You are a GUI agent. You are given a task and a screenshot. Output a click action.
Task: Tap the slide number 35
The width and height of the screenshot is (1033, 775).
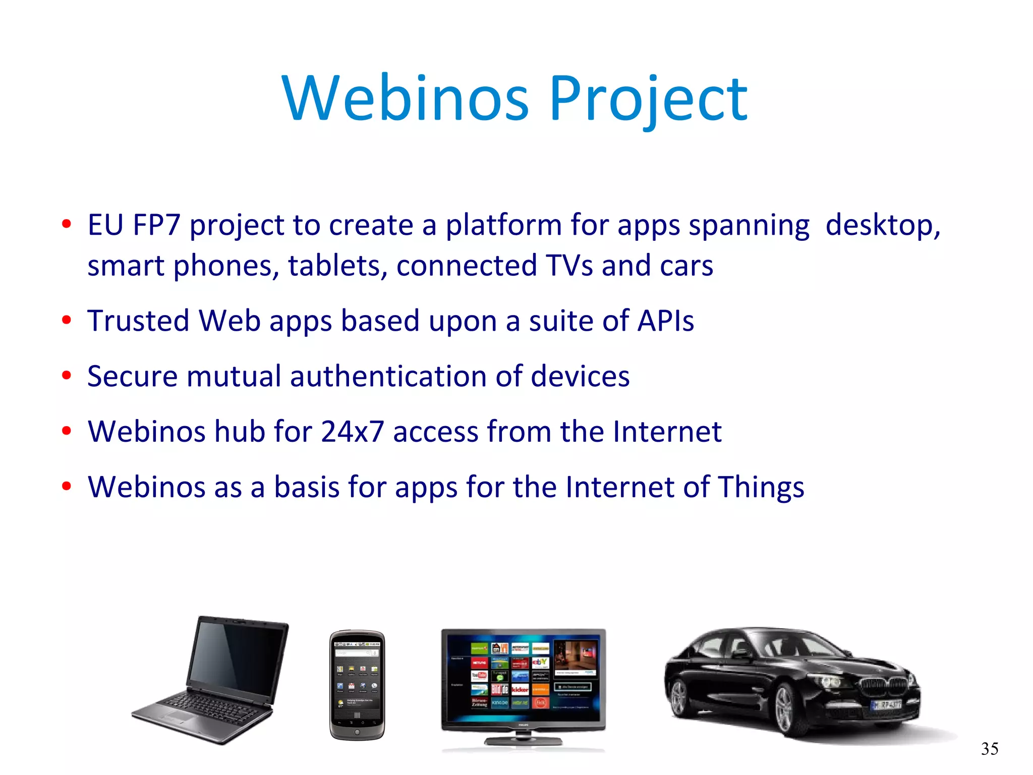pyautogui.click(x=990, y=748)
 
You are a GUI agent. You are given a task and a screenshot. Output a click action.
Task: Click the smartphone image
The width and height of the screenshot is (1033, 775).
pyautogui.click(x=357, y=685)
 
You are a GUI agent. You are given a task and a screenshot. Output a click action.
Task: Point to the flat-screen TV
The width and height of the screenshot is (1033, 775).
pyautogui.click(x=524, y=679)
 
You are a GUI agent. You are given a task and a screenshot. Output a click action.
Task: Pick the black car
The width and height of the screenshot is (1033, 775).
pyautogui.click(x=792, y=682)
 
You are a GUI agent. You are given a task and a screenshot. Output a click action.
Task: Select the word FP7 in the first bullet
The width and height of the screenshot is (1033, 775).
pyautogui.click(x=156, y=225)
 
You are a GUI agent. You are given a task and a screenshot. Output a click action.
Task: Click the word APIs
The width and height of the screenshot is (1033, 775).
pyautogui.click(x=666, y=321)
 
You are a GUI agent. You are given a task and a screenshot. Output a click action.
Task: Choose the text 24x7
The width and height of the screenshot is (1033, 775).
pyautogui.click(x=352, y=432)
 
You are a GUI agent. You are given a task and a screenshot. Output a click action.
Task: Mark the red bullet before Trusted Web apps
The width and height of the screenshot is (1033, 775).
pyautogui.click(x=67, y=320)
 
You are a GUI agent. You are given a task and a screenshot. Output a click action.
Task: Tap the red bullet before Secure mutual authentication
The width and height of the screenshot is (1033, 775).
pyautogui.click(x=67, y=376)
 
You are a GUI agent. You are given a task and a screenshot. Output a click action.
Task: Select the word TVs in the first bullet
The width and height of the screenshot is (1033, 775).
pyautogui.click(x=569, y=266)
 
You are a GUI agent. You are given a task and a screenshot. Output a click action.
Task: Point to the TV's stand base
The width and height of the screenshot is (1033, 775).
pyautogui.click(x=524, y=741)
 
